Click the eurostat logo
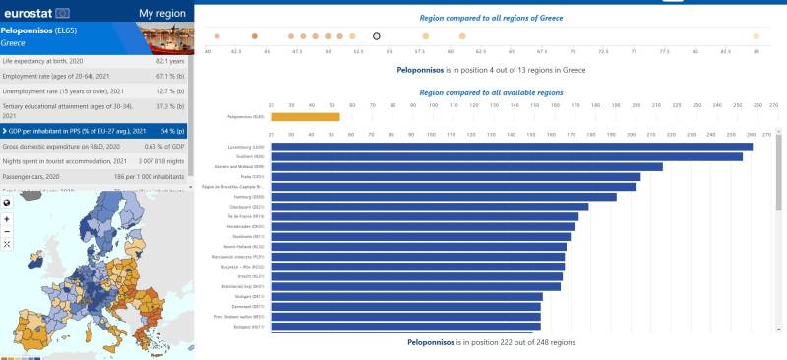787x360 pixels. click(x=36, y=13)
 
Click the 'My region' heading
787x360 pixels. click(x=161, y=13)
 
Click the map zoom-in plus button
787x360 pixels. click(x=7, y=218)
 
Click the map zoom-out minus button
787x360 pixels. click(x=7, y=231)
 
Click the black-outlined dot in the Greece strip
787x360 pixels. click(x=377, y=36)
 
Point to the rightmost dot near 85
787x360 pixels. click(x=756, y=36)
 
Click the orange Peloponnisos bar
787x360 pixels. click(x=305, y=117)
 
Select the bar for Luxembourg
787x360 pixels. click(x=512, y=148)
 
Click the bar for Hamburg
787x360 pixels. click(x=444, y=196)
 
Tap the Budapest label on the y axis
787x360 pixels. click(x=246, y=326)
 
